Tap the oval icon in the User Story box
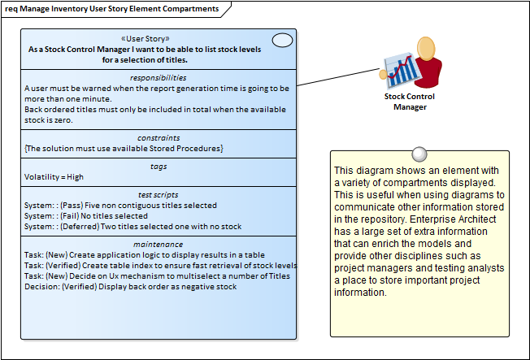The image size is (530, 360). click(282, 40)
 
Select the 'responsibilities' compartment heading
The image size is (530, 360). click(158, 77)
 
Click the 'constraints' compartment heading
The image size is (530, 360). click(158, 138)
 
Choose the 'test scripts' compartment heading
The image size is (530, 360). click(158, 195)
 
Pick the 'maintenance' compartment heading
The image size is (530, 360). click(158, 244)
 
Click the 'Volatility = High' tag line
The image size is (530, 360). click(54, 176)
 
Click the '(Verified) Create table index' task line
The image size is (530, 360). click(159, 265)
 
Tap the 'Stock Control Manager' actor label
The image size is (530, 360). click(409, 101)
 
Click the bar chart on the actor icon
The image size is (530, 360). click(401, 70)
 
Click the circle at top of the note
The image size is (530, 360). click(419, 154)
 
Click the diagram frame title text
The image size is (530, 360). click(111, 9)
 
